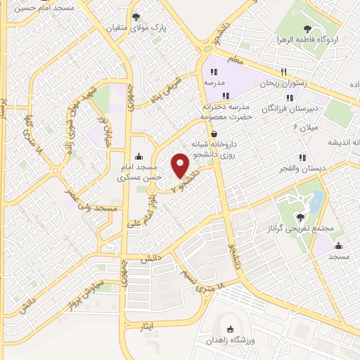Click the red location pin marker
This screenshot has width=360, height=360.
[181, 166]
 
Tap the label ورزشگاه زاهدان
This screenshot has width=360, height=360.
[231, 340]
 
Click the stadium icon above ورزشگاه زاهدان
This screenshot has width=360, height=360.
[231, 328]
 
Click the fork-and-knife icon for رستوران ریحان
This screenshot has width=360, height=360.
[284, 71]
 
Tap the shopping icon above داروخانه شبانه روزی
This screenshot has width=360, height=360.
[214, 132]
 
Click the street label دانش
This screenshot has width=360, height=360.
[148, 259]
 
